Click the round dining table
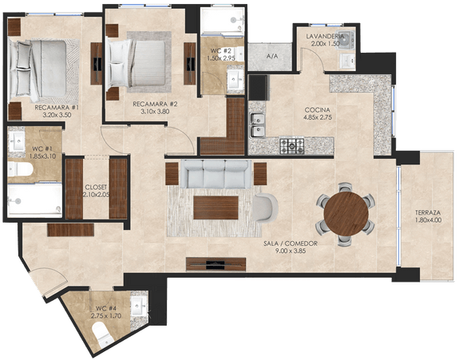pyautogui.click(x=346, y=214)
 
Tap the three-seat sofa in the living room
pyautogui.click(x=216, y=174)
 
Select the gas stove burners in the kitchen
pyautogui.click(x=292, y=146)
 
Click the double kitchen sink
pyautogui.click(x=257, y=125)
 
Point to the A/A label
pyautogui.click(x=272, y=57)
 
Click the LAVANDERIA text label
pyautogui.click(x=325, y=37)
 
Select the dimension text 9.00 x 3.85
pyautogui.click(x=291, y=251)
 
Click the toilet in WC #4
pyautogui.click(x=101, y=334)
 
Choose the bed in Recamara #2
pyautogui.click(x=137, y=63)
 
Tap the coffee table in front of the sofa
pyautogui.click(x=216, y=208)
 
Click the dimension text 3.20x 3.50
pyautogui.click(x=57, y=115)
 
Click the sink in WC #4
pyautogui.click(x=138, y=307)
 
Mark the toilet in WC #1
pyautogui.click(x=20, y=169)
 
